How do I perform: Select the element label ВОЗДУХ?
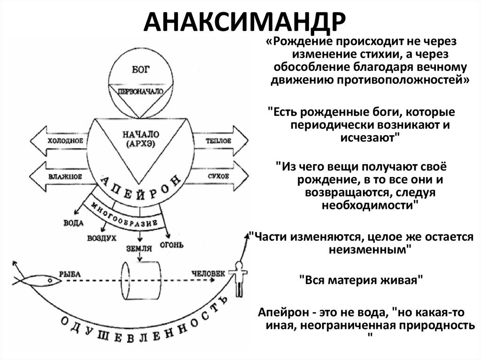tap(101, 238)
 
